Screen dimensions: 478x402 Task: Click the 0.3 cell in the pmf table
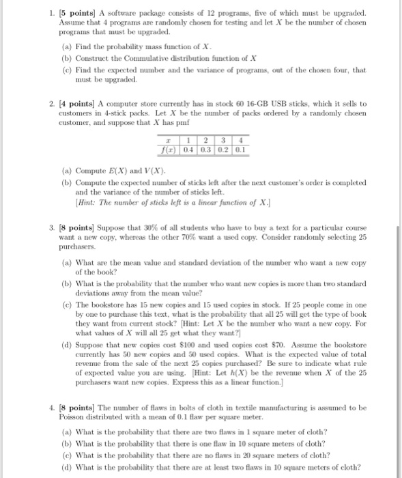coord(203,149)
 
